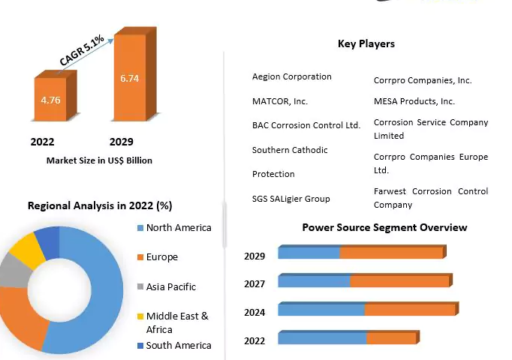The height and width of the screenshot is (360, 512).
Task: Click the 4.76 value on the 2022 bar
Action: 50,99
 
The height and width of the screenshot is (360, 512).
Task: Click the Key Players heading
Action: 366,43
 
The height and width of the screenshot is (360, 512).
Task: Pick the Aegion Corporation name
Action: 291,76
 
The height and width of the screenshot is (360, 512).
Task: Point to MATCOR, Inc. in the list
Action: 280,100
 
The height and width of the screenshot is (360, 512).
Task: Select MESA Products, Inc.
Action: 414,100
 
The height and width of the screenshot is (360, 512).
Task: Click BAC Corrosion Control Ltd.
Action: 306,125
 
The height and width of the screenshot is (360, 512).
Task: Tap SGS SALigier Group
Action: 291,199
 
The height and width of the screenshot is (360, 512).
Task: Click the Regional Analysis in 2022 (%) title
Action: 100,205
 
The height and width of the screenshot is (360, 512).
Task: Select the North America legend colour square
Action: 140,228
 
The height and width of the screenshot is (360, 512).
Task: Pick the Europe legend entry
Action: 161,257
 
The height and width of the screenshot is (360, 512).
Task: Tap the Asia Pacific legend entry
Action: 171,286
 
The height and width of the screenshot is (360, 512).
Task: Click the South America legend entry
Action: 178,345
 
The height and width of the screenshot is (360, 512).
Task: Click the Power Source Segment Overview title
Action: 384,227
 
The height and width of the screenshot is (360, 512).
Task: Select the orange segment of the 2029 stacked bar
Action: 390,253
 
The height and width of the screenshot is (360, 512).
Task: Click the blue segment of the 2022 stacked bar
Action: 322,339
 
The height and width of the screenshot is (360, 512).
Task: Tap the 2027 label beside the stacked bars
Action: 254,284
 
